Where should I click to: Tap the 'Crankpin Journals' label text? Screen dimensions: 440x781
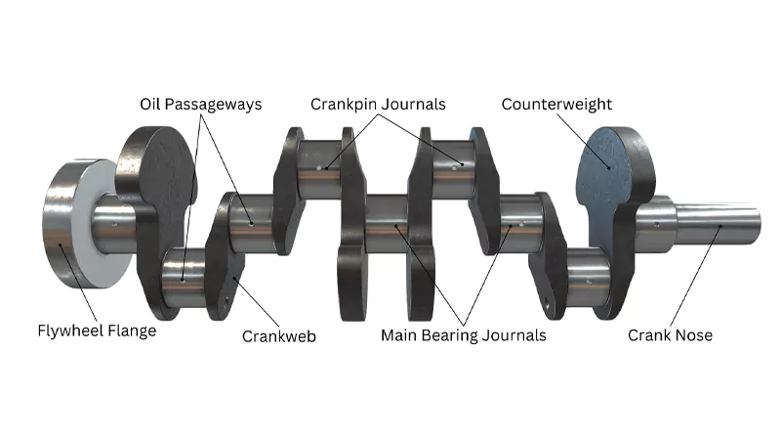click(378, 104)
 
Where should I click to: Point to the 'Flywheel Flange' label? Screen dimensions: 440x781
click(97, 330)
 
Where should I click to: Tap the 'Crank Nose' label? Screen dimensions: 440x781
click(670, 335)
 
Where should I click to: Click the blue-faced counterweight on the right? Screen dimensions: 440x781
click(605, 181)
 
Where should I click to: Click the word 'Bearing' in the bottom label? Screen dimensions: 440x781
click(455, 335)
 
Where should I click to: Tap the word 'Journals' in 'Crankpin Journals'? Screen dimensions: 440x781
click(414, 104)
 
